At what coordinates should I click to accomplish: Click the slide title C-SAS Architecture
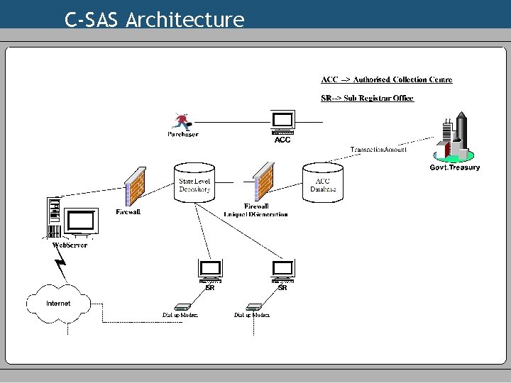pyautogui.click(x=154, y=19)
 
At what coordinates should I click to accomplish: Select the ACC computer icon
pyautogui.click(x=282, y=122)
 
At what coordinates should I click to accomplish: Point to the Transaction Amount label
pyautogui.click(x=378, y=150)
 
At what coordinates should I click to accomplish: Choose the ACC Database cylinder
pyautogui.click(x=322, y=182)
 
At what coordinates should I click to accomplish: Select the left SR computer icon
pyautogui.click(x=210, y=270)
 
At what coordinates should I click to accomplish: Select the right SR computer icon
pyautogui.click(x=282, y=270)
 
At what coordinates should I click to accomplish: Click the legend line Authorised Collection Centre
pyautogui.click(x=387, y=79)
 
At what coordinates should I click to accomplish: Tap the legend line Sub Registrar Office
pyautogui.click(x=367, y=98)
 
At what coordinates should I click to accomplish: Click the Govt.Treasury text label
pyautogui.click(x=455, y=167)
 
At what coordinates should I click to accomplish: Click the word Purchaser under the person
pyautogui.click(x=183, y=134)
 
